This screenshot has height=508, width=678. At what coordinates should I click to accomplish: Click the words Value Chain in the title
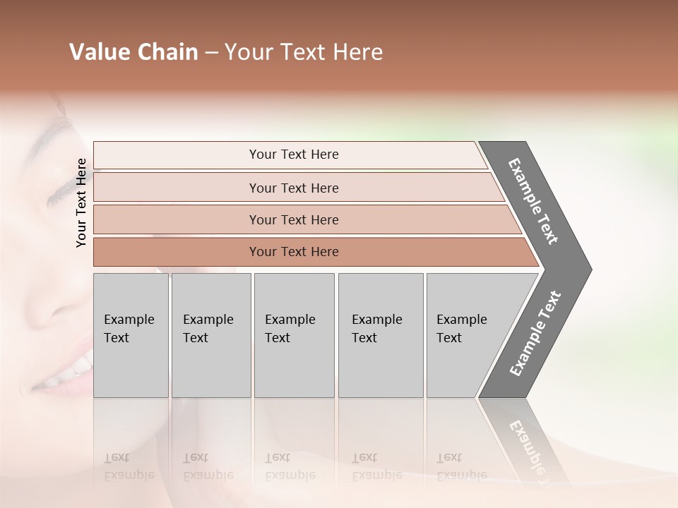[133, 52]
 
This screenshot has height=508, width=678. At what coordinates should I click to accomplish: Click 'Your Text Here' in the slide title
[304, 52]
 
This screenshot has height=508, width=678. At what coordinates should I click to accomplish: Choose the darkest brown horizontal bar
[177, 252]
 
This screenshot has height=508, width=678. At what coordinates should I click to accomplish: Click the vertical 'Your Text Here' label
[81, 202]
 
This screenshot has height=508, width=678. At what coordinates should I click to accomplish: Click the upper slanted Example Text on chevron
[533, 201]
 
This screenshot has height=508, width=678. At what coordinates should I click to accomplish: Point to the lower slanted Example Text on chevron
[535, 334]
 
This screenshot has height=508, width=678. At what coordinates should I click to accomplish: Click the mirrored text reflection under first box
[129, 466]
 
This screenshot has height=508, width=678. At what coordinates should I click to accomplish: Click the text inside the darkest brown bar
[294, 252]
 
